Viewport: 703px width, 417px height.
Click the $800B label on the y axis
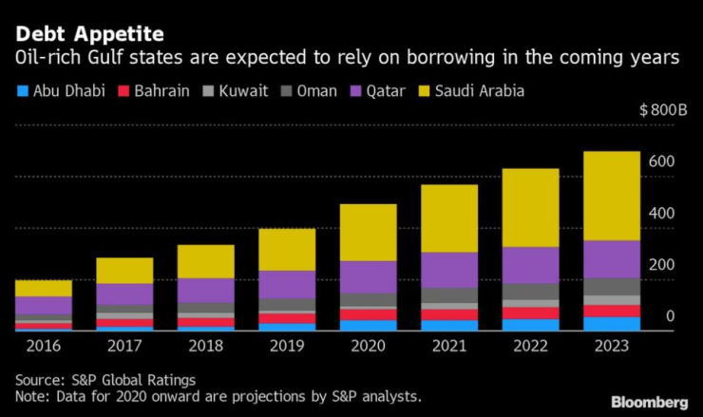(x=664, y=110)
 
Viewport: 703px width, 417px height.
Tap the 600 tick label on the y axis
(x=661, y=161)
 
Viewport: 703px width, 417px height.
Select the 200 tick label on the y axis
(x=661, y=264)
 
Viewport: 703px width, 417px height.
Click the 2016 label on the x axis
(x=44, y=345)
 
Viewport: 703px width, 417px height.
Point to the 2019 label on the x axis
(x=287, y=345)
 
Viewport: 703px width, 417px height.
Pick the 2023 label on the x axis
(x=612, y=345)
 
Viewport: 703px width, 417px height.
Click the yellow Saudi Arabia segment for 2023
(x=612, y=196)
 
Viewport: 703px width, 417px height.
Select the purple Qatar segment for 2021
(x=449, y=270)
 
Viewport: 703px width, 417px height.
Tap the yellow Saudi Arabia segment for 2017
(x=124, y=270)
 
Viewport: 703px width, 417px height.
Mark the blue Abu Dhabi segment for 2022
(x=530, y=325)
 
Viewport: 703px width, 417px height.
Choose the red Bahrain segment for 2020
(x=369, y=314)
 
